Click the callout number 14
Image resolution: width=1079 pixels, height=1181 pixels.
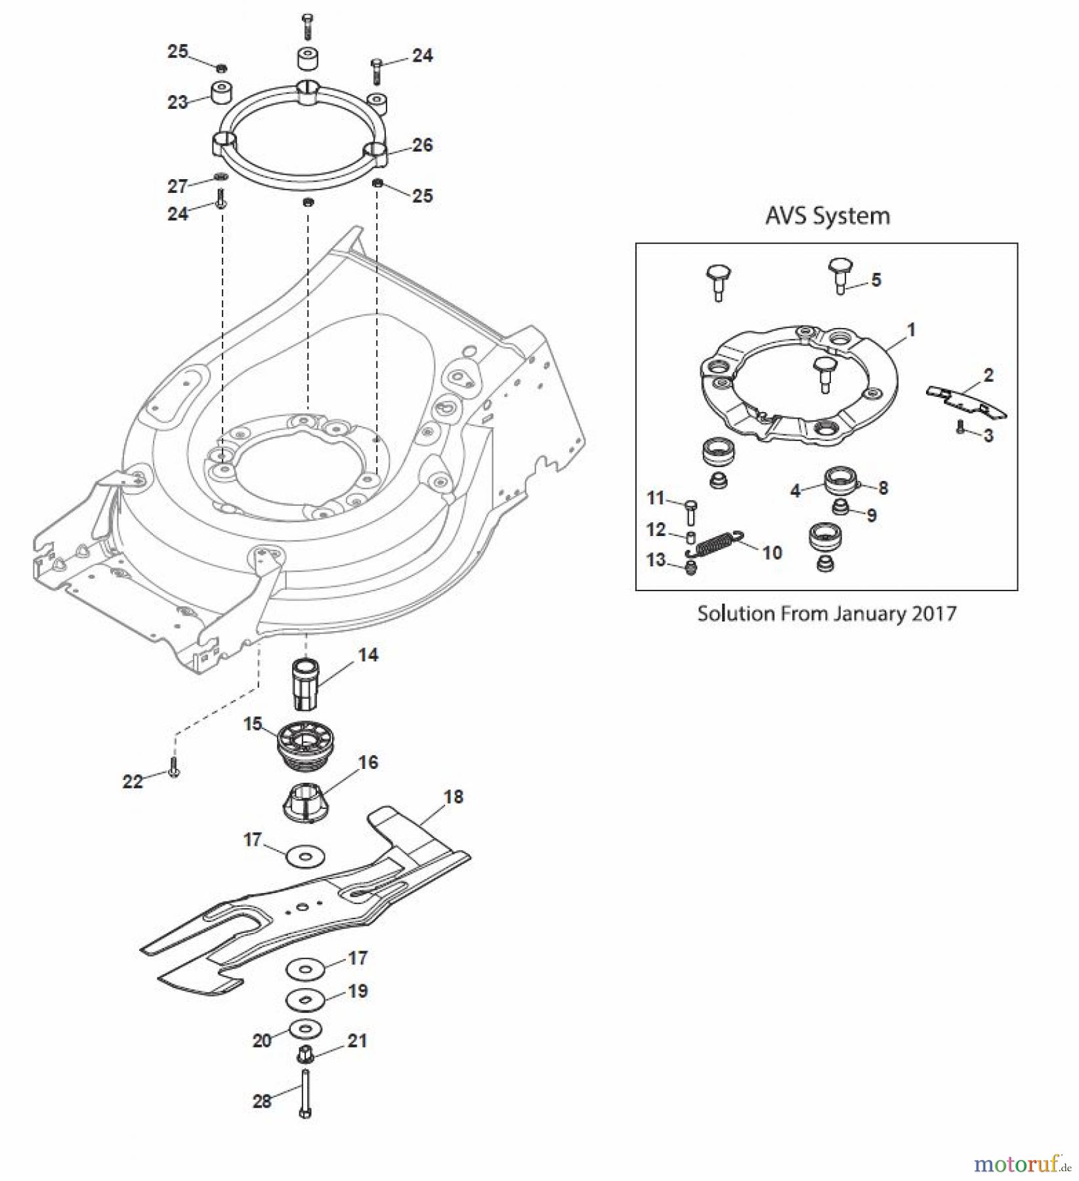click(x=368, y=655)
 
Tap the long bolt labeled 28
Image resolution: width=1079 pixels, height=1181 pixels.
click(x=306, y=1092)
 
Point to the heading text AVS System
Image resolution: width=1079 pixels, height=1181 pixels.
click(x=827, y=216)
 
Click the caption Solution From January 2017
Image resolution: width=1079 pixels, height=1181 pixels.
click(x=826, y=613)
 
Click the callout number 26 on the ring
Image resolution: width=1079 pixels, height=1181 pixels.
click(x=422, y=145)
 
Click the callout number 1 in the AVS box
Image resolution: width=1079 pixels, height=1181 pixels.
click(x=910, y=329)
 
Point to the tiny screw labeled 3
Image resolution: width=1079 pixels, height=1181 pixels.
click(x=960, y=428)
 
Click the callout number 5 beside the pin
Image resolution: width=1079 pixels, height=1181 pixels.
click(x=876, y=280)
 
